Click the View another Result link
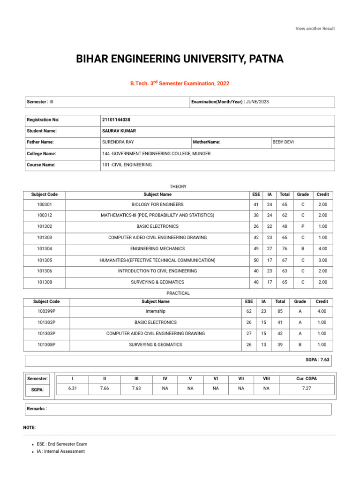click(x=315, y=29)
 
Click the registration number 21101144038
click(x=116, y=120)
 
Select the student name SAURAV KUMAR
click(x=119, y=131)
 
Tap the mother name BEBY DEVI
click(x=284, y=142)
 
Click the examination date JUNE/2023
click(x=257, y=102)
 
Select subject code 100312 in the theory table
click(x=45, y=215)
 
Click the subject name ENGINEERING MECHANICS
click(x=157, y=249)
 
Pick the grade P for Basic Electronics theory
click(x=303, y=226)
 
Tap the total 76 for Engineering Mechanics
click(x=285, y=249)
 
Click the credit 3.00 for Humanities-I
click(x=322, y=260)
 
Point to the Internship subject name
click(x=156, y=311)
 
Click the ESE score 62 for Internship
click(x=249, y=311)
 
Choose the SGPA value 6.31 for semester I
click(x=73, y=389)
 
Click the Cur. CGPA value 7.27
click(x=307, y=389)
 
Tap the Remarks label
click(x=37, y=409)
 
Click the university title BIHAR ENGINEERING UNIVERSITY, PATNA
click(x=180, y=60)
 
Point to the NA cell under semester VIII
click(x=266, y=389)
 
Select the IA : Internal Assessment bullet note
click(x=61, y=451)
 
